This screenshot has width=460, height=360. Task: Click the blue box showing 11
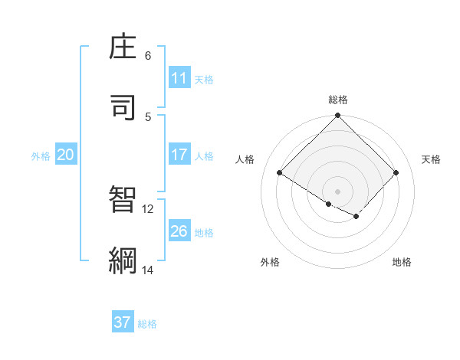coord(179,78)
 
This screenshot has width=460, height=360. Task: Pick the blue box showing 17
coord(179,155)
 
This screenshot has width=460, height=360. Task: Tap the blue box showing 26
coord(179,231)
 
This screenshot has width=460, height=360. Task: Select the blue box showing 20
coord(66,155)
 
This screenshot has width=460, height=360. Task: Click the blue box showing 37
coord(123,322)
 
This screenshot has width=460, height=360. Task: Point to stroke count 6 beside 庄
coord(148,56)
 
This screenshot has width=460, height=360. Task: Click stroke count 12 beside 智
coord(148,208)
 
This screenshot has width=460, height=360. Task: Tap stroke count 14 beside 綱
coord(148,270)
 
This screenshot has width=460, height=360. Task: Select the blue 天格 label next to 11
coord(204,79)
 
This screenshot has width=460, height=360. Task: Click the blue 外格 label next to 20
coord(41,155)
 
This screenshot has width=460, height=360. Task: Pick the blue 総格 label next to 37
coord(147,323)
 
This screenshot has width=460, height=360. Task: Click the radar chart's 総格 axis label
coord(338,100)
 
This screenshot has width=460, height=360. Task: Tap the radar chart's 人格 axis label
coord(245,159)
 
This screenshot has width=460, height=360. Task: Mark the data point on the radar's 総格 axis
coord(338,116)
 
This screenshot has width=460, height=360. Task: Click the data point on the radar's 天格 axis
coord(396,172)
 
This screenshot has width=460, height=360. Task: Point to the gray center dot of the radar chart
coord(338,191)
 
